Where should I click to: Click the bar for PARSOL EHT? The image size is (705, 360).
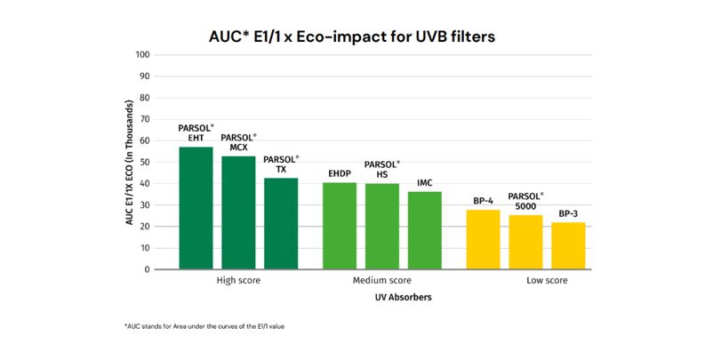tap(196, 208)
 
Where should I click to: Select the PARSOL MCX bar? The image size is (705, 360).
tap(238, 212)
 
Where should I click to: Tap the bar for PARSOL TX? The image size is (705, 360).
tap(281, 223)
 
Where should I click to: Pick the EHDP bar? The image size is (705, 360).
tap(340, 226)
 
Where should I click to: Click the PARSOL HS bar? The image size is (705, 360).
tap(382, 227)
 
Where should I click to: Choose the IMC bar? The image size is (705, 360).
tap(424, 230)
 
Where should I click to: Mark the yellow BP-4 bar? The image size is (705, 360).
tap(483, 239)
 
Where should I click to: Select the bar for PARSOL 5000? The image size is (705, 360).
tap(525, 242)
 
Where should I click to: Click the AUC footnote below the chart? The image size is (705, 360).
tap(210, 326)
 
